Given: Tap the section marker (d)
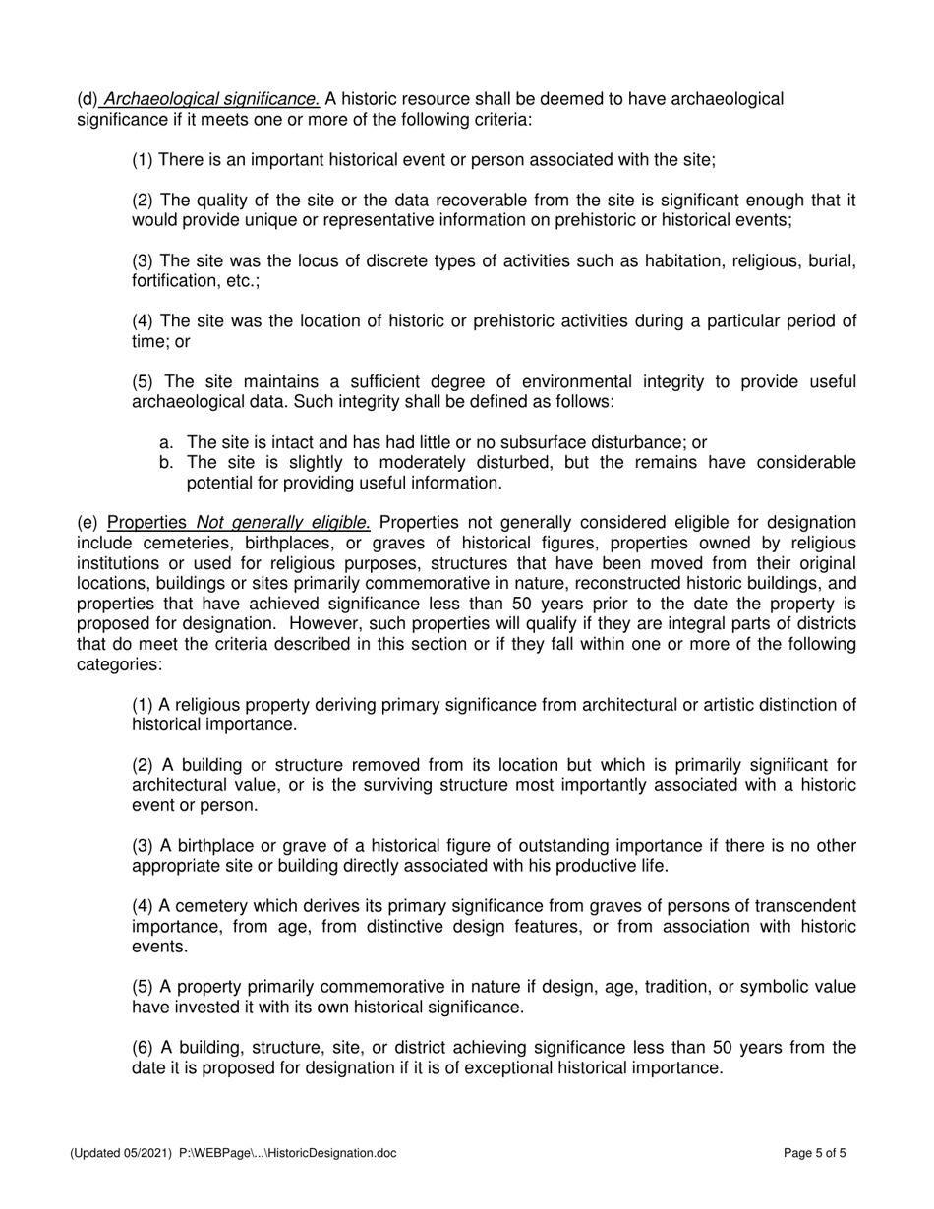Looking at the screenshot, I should point(88,99).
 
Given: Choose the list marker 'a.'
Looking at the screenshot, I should point(166,443).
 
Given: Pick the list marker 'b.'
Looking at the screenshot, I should point(166,463).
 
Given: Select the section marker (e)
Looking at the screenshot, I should point(88,523).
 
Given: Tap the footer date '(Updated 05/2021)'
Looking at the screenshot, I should point(121,1154).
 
